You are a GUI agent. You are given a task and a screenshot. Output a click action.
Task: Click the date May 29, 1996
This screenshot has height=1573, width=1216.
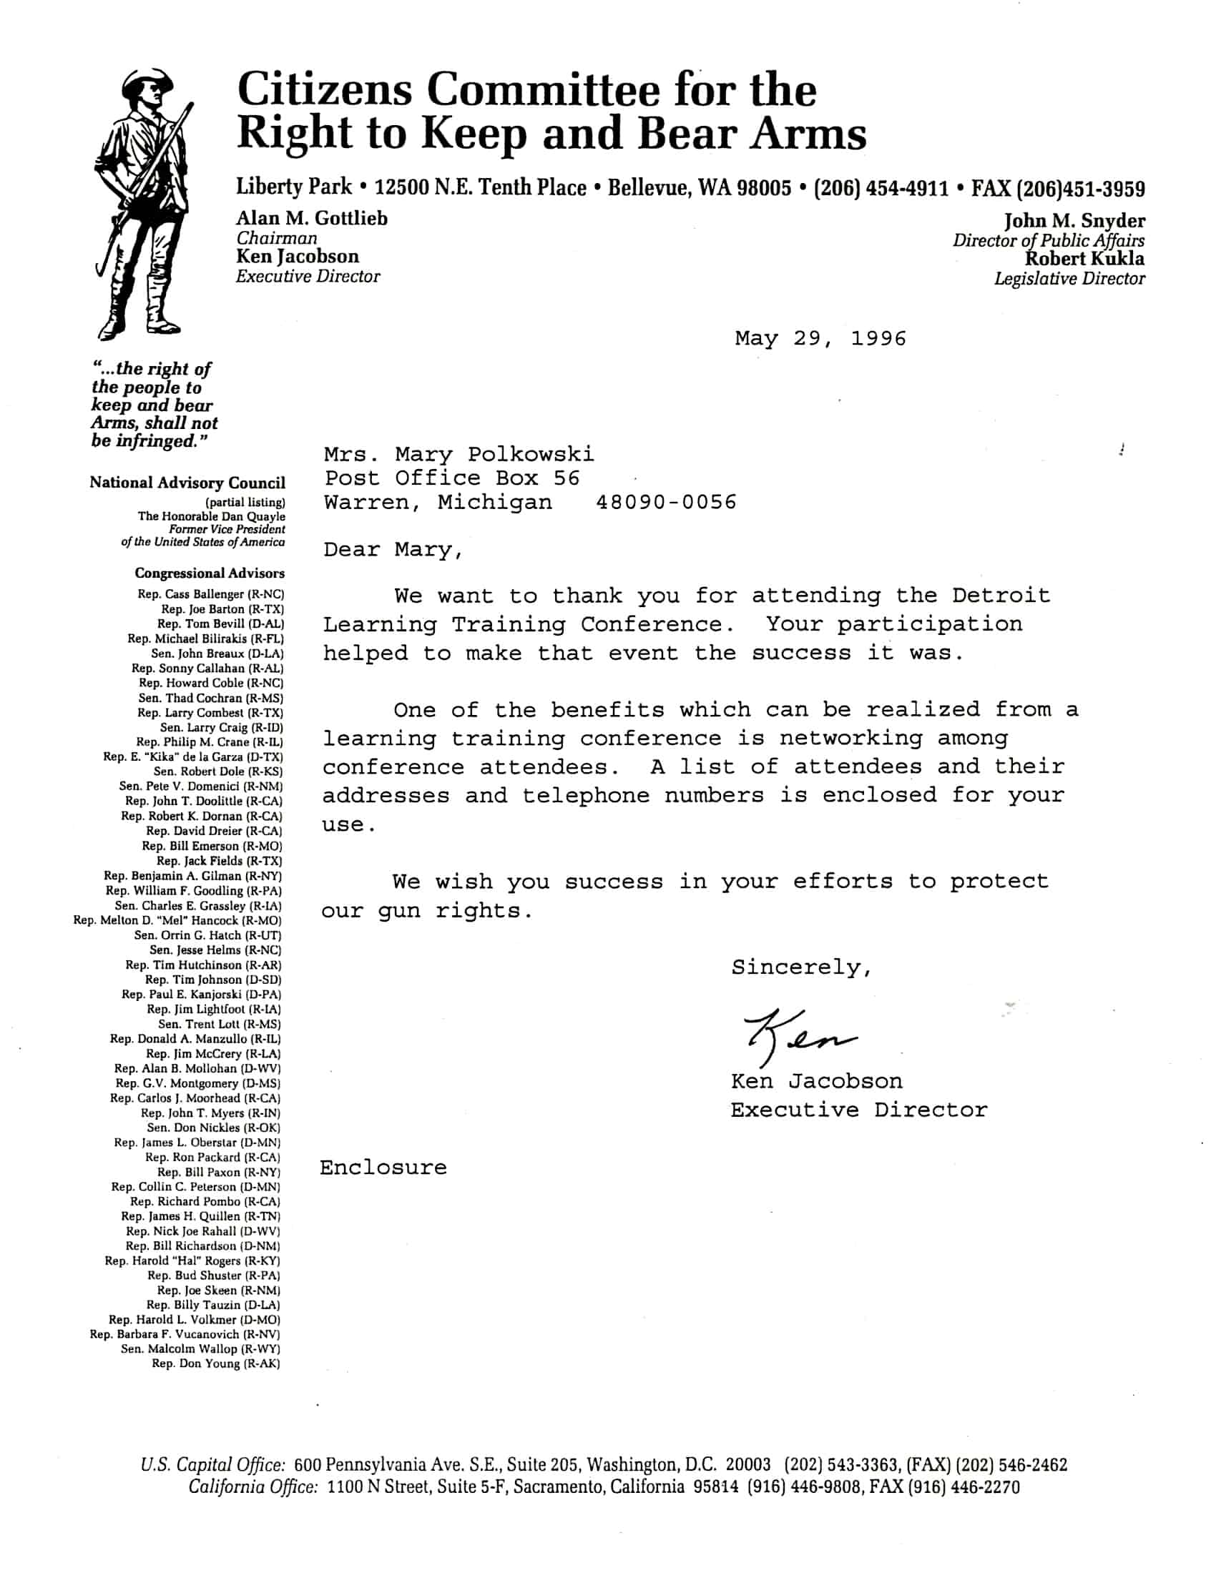(x=820, y=338)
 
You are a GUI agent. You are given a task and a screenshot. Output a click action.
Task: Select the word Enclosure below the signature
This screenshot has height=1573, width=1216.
(x=383, y=1168)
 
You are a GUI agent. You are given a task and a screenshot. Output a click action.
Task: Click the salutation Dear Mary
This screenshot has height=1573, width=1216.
(x=393, y=551)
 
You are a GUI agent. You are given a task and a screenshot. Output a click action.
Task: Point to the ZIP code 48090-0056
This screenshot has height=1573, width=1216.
(x=667, y=502)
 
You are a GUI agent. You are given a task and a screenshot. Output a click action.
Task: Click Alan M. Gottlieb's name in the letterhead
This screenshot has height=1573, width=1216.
(x=312, y=218)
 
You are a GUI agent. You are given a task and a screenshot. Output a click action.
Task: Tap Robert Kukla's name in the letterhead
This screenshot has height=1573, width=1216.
(x=1084, y=259)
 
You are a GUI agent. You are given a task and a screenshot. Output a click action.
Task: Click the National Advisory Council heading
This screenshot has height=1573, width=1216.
(x=187, y=483)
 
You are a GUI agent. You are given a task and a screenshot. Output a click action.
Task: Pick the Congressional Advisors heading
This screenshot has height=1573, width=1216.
(x=210, y=573)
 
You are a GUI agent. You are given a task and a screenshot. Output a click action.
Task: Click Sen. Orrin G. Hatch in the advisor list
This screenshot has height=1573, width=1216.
(x=207, y=935)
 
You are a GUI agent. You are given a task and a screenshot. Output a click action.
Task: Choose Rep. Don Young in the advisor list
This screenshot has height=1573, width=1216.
(x=215, y=1364)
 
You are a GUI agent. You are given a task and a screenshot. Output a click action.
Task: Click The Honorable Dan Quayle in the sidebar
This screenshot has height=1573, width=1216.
(x=212, y=516)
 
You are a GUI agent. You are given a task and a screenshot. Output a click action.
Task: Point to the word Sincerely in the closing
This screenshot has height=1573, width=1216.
(x=801, y=967)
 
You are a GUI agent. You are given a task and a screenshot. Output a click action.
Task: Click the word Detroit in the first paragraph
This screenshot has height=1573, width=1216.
(x=1001, y=596)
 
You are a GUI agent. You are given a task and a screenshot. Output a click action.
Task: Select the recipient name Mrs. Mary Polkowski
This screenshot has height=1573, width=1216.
(x=459, y=455)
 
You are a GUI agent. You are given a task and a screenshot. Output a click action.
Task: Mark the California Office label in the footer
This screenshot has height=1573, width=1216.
(x=252, y=1486)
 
